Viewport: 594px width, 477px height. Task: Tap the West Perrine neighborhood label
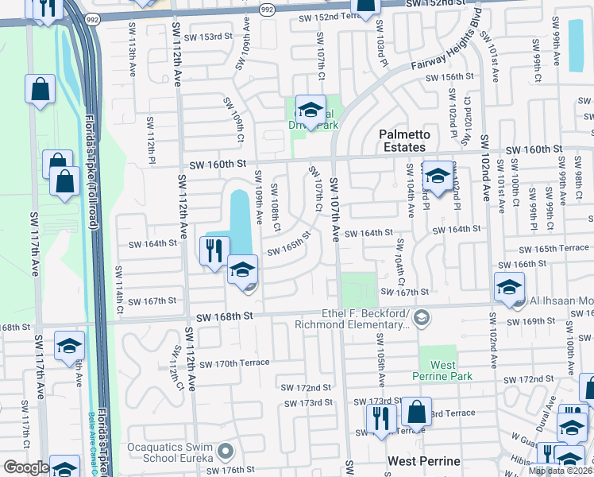coord(424,461)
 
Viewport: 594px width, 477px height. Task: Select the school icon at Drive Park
coord(310,109)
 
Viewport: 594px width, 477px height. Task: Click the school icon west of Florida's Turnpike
coord(69,346)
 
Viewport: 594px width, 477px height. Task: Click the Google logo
coord(25,467)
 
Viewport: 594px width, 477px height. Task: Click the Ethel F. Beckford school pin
coord(422,318)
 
